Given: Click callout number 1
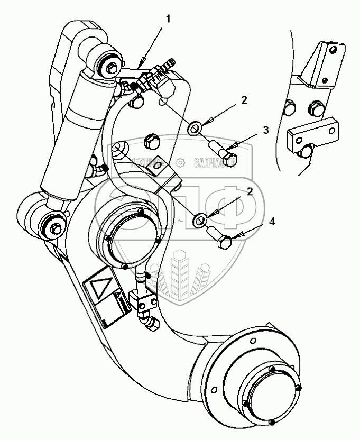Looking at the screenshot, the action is point(169,19).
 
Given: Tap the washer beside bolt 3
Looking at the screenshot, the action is point(195,127).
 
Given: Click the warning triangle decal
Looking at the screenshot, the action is point(99,288).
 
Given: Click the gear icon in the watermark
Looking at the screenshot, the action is point(181,162).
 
